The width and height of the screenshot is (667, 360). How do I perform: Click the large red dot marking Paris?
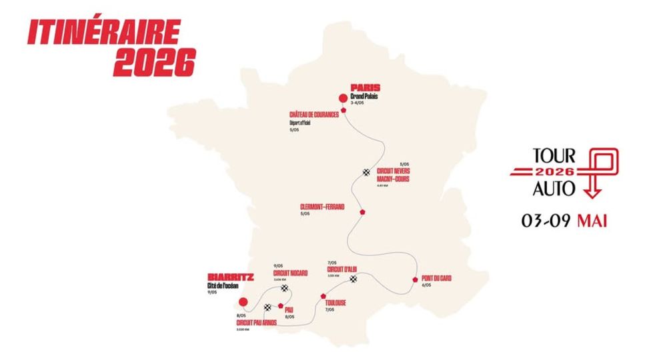click(x=344, y=98)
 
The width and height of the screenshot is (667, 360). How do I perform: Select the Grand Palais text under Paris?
click(x=365, y=96)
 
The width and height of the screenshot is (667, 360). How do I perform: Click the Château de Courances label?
click(x=314, y=115)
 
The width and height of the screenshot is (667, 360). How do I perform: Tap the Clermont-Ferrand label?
click(x=322, y=207)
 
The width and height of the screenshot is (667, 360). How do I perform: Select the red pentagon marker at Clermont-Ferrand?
click(x=363, y=211)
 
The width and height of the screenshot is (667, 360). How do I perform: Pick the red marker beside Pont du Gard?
click(x=416, y=281)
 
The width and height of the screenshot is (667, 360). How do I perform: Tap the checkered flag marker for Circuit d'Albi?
click(x=354, y=279)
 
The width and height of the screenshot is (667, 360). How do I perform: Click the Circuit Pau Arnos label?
click(x=257, y=323)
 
